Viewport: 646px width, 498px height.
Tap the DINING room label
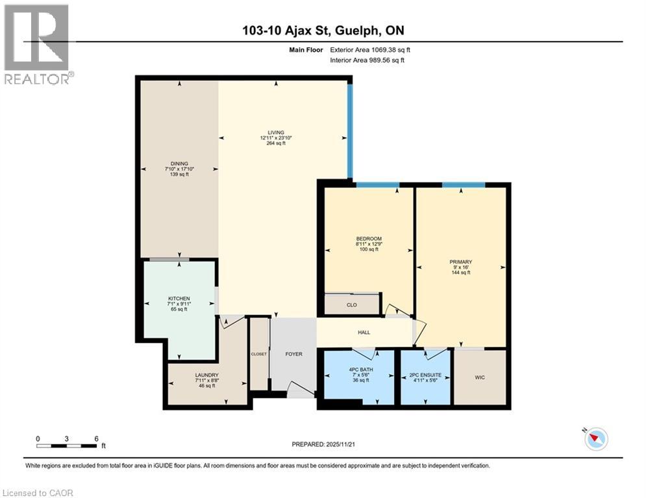coord(180,163)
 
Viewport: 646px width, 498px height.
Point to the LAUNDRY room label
coord(206,375)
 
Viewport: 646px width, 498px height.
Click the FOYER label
coord(295,354)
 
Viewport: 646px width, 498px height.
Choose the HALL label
coord(364,333)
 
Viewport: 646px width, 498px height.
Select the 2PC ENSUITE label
coord(425,375)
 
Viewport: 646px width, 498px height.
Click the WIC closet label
coord(480,377)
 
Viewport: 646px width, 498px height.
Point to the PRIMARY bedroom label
coord(460,262)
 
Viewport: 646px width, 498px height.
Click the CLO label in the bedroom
coord(352,304)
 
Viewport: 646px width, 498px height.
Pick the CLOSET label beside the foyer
coord(259,354)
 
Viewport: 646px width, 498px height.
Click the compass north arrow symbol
coord(595,439)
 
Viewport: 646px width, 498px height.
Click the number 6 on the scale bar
coord(96,438)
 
